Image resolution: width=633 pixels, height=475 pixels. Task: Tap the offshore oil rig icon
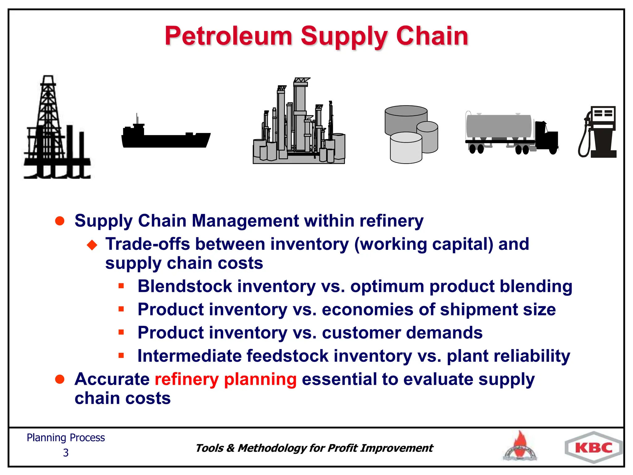[x=56, y=130]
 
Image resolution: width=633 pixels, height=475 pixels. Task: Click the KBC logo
[x=593, y=448]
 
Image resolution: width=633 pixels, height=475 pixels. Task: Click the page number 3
[x=66, y=453]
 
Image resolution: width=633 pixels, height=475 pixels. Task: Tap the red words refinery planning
[x=226, y=379]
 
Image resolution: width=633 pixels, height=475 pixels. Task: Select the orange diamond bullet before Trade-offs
[x=92, y=245]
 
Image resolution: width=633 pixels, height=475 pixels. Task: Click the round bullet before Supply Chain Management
[x=60, y=221]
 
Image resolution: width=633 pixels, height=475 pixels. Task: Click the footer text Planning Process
[x=66, y=438]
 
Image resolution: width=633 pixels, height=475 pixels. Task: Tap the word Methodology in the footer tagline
[x=272, y=448]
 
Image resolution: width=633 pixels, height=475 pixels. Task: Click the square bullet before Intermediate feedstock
[x=121, y=356]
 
